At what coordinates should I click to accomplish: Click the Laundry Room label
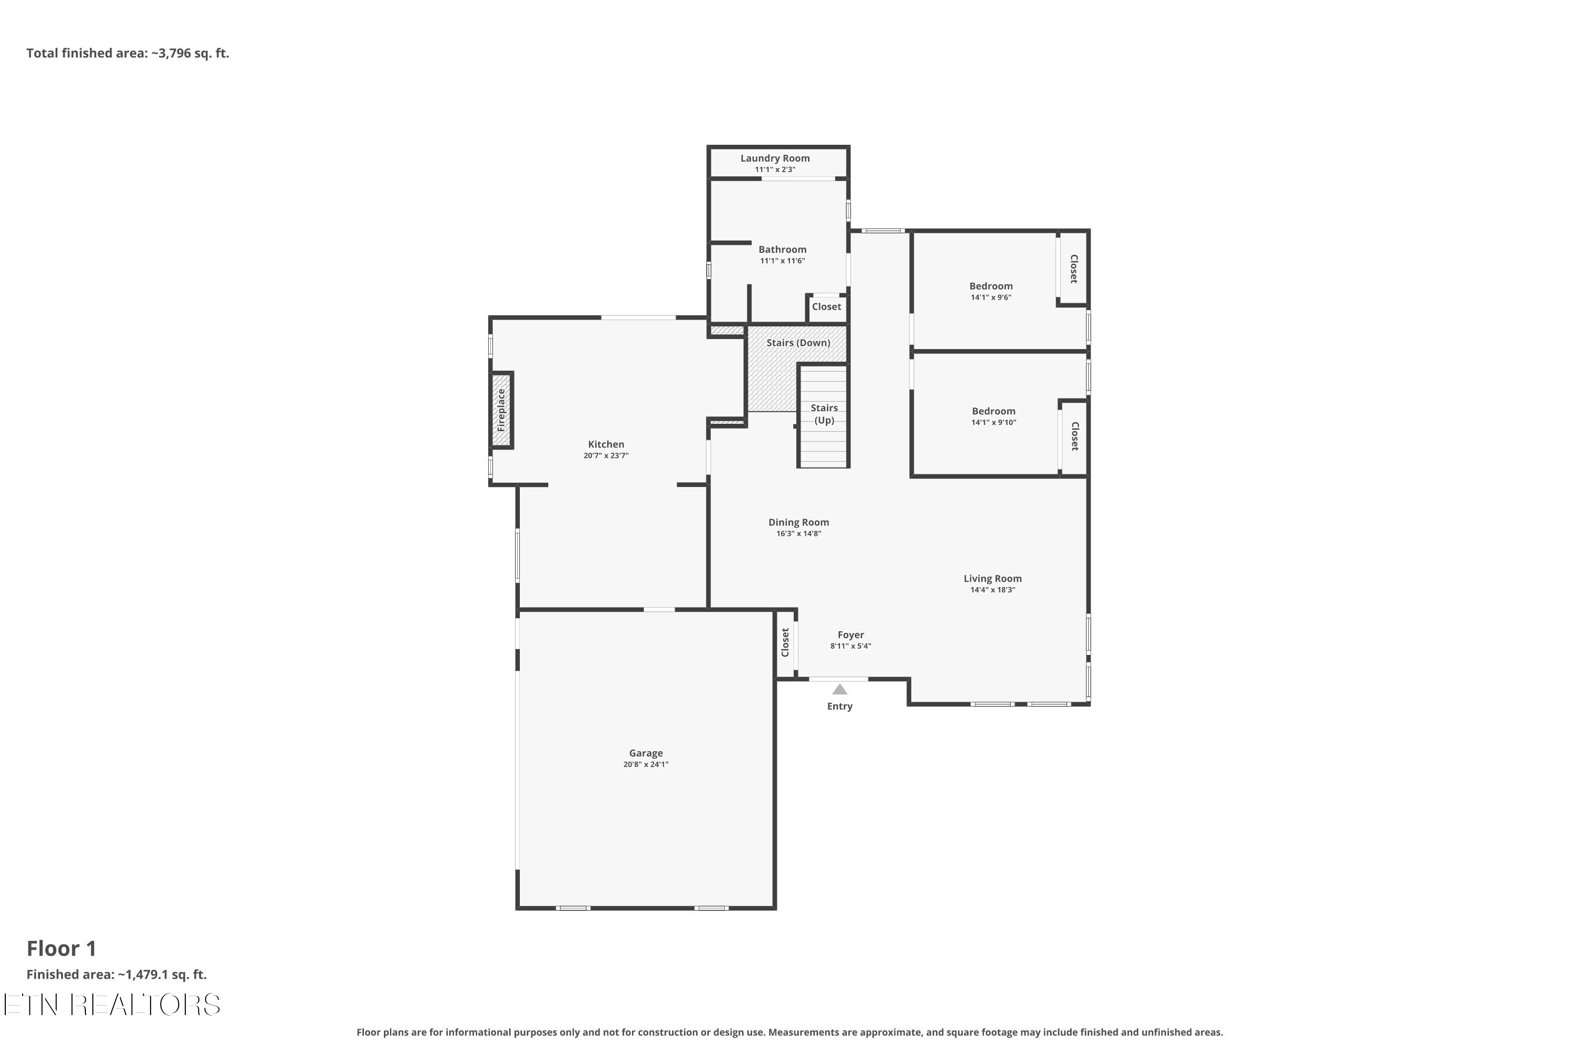[775, 158]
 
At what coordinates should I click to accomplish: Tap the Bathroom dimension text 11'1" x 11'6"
[782, 261]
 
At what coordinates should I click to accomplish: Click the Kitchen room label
[606, 444]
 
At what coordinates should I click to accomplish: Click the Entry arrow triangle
[839, 690]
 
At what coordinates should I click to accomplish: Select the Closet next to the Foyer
[785, 643]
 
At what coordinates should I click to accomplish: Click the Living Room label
[992, 579]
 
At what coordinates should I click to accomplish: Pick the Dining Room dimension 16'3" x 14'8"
[798, 534]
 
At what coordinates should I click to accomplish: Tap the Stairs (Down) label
[798, 343]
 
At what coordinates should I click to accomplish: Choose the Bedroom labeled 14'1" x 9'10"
[993, 412]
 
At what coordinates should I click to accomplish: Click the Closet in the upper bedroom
[1073, 269]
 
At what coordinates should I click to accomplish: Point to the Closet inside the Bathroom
[826, 307]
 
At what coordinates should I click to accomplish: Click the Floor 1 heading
[61, 949]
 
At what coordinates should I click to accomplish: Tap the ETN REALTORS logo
[112, 1005]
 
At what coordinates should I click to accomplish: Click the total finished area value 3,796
[175, 54]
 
